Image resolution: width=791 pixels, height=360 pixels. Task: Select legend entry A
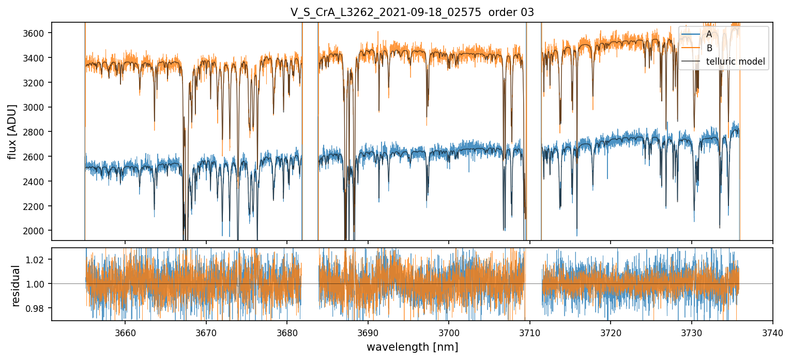(x=709, y=34)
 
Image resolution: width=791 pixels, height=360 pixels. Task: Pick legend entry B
(x=709, y=48)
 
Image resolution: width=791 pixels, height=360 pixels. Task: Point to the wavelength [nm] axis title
(x=412, y=347)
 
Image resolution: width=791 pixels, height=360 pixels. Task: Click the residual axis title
(x=16, y=286)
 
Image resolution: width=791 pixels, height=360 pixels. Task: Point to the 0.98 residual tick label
(x=38, y=308)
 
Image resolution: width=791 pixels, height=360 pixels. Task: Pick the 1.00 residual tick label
(x=38, y=284)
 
